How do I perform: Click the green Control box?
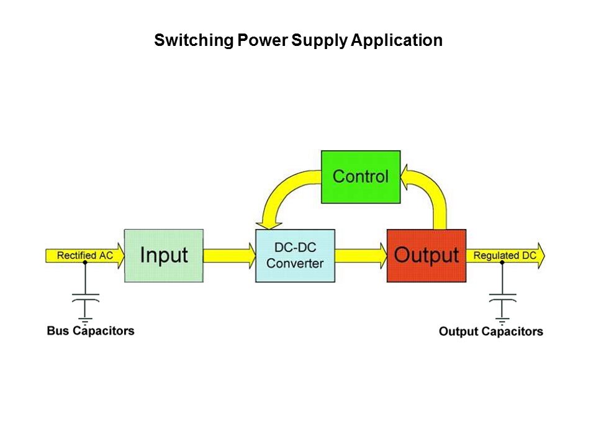coord(361,176)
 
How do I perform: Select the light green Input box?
coord(164,256)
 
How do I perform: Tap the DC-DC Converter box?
coord(295,256)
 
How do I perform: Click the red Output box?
coord(427,256)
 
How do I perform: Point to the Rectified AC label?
coord(85,255)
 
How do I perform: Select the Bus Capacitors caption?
coord(91,330)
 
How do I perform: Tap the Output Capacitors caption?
coord(490,332)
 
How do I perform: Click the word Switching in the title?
coord(193,41)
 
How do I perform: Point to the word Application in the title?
coord(397,41)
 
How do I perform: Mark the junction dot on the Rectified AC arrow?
coord(85,263)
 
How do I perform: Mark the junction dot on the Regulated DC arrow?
coord(502,263)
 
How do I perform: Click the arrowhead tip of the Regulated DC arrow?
coord(543,256)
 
